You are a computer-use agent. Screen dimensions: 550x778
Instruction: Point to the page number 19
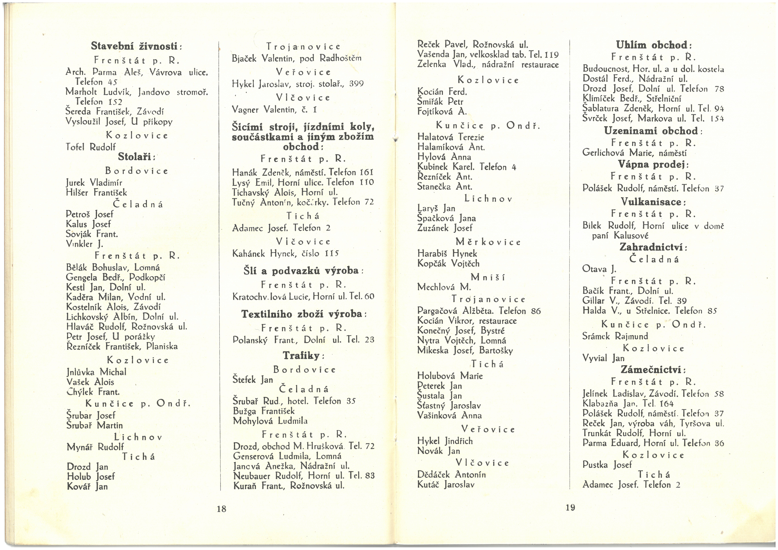point(570,507)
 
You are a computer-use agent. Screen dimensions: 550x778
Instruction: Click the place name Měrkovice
point(488,242)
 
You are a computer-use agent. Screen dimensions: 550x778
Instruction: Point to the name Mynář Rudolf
point(95,447)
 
